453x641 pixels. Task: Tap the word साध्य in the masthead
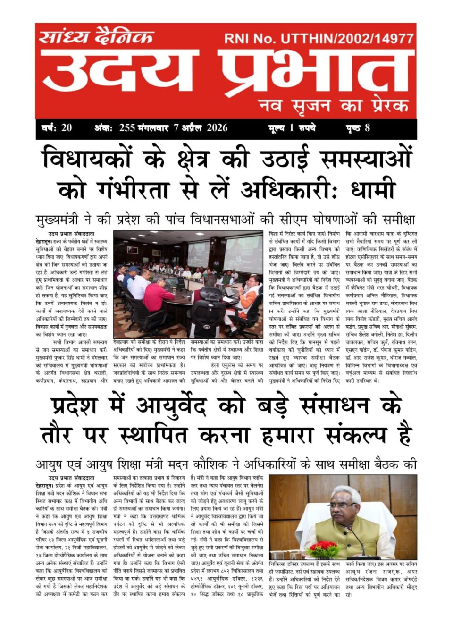pos(60,37)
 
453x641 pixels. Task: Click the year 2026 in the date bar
pos(217,128)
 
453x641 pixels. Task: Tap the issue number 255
pos(127,128)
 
